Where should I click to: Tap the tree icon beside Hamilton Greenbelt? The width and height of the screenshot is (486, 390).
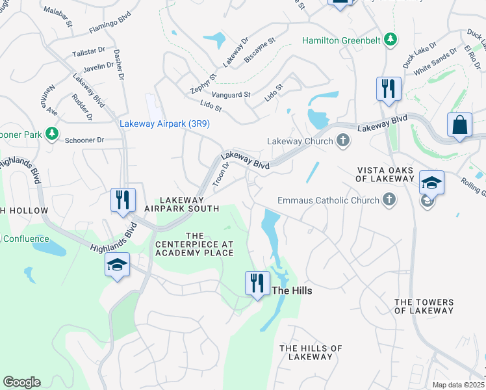coord(390,40)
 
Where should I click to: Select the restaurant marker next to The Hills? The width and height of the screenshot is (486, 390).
coord(257,283)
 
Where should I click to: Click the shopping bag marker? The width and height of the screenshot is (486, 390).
coord(459,125)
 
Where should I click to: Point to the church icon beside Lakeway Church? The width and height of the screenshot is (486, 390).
coord(343,141)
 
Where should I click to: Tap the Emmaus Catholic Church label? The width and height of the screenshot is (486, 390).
coord(328,200)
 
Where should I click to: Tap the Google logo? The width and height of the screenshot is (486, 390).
coord(21,382)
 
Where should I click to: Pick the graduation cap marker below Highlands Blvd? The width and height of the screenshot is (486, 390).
coord(117,265)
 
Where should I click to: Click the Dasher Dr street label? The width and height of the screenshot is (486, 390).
coord(119,65)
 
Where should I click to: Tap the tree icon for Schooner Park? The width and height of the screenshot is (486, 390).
coord(51,135)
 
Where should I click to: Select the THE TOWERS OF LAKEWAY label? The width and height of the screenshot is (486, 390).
coord(424,306)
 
